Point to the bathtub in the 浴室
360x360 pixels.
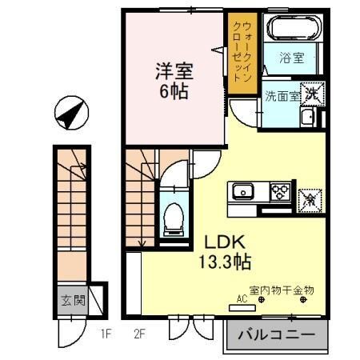294,31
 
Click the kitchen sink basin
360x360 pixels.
242,191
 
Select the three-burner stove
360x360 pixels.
281,191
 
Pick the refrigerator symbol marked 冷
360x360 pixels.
309,197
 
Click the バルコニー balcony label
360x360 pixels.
277,334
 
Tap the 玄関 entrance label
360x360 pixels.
73,302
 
